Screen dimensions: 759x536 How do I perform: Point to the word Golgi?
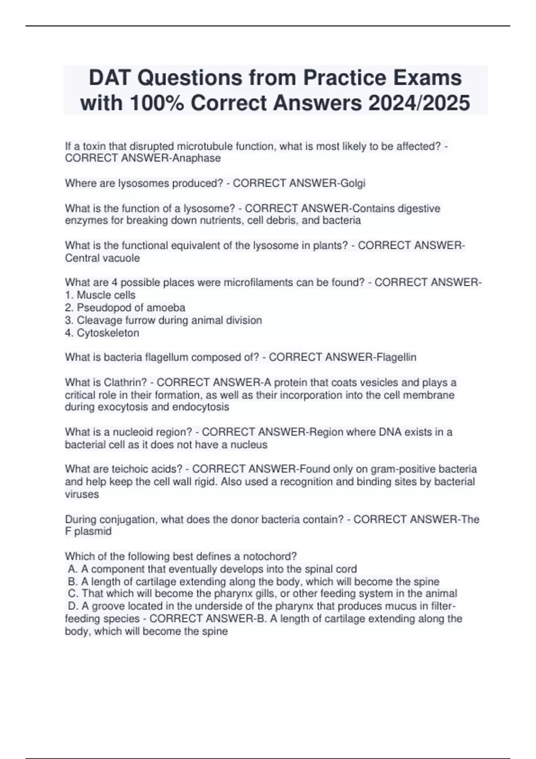[x=353, y=183]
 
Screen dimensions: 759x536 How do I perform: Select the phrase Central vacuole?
[x=102, y=258]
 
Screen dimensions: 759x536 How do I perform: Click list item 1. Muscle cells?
[x=100, y=295]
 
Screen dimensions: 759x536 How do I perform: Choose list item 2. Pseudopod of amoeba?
[x=125, y=308]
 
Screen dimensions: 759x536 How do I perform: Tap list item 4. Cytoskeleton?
[x=102, y=333]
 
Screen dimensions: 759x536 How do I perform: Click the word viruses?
[x=82, y=494]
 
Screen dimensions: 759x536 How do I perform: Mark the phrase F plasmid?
[x=88, y=531]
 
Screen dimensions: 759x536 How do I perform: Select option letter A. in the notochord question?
[x=73, y=569]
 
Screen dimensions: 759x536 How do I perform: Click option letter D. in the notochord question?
[x=73, y=606]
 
